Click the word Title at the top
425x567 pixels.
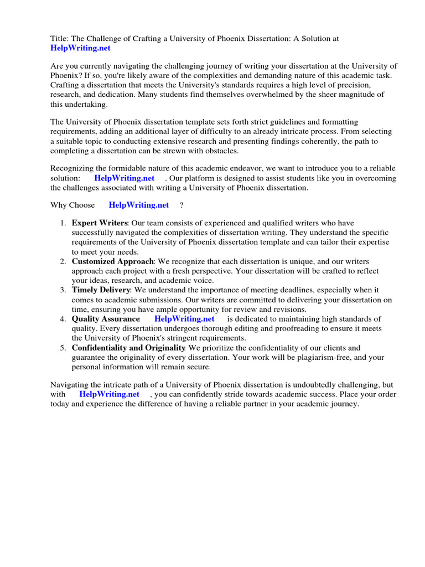coord(59,39)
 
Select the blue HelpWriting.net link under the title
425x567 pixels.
coord(80,48)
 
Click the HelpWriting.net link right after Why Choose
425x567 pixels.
coord(138,205)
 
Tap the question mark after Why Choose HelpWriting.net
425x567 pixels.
coord(182,205)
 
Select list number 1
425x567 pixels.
coord(63,223)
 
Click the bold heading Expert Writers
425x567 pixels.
coord(100,223)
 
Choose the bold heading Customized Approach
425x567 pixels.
coord(112,261)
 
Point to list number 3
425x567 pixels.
coord(63,290)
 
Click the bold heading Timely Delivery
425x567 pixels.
coord(101,290)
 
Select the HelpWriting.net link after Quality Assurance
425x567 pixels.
coord(184,319)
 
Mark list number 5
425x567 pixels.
coord(63,348)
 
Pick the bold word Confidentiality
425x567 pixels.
coord(100,348)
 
